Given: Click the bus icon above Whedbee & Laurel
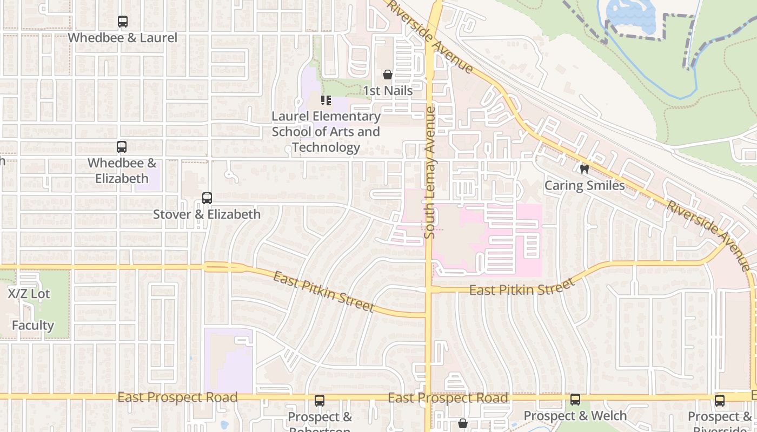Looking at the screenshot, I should coord(123,22).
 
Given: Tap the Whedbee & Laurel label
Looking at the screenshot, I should coord(123,38).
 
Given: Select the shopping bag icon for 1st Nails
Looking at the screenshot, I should coord(387,75).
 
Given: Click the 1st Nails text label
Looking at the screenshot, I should coord(387,91).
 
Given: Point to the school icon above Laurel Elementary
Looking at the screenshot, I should coord(326,100).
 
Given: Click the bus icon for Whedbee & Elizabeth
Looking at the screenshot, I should coord(122,147).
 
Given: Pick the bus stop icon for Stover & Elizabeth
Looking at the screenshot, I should coord(207,198).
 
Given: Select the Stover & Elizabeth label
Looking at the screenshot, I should coord(207,214).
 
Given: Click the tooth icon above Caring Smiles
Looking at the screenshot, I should coord(584,169).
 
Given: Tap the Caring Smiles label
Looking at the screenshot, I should coord(584,186).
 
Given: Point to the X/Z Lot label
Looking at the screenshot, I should coord(29,294).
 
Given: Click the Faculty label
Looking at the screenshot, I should coord(33,326).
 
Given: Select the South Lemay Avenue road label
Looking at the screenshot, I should coord(430,172).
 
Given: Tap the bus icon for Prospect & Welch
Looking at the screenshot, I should coord(575,400).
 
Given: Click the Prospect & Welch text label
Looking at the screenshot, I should coord(575,416).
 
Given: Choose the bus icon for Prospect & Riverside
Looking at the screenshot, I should coord(720,401).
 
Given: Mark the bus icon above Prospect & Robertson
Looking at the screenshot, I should coord(320,401).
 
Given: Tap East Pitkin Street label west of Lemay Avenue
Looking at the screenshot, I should coord(323,292).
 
